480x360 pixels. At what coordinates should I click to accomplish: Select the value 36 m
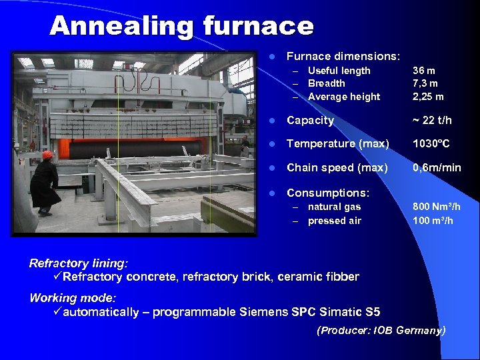[424, 71]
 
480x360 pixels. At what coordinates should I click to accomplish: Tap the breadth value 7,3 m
[425, 83]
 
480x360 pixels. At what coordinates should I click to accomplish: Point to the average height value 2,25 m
[428, 97]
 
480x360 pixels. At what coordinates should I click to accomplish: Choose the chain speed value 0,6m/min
[437, 168]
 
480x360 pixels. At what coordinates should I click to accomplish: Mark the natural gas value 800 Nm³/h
[436, 207]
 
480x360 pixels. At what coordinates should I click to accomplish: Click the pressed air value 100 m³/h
[433, 221]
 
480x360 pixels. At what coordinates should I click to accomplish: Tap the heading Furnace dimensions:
[343, 57]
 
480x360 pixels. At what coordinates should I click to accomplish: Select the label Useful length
[339, 71]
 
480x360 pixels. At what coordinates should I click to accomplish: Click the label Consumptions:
[327, 193]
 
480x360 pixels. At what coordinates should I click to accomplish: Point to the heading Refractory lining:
[79, 263]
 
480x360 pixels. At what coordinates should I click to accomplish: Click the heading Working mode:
[73, 298]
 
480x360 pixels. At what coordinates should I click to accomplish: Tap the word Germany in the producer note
[419, 331]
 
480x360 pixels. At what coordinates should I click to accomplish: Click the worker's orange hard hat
[47, 155]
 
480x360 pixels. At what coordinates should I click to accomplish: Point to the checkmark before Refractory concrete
[57, 277]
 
